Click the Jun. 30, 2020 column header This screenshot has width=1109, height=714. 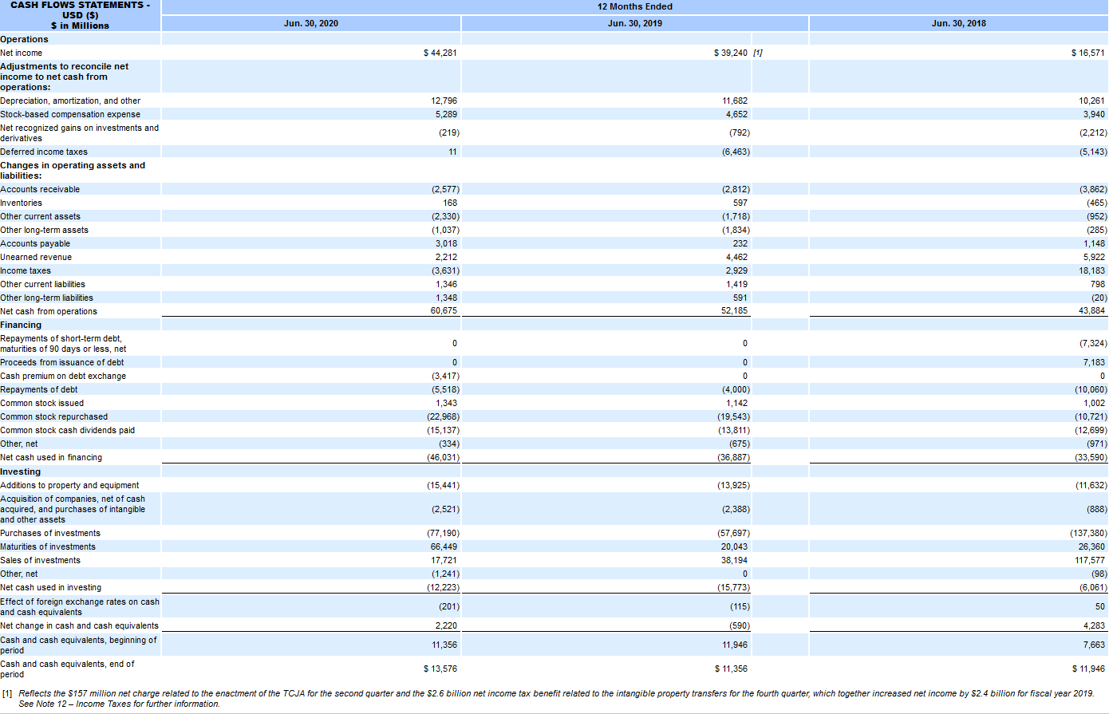310,23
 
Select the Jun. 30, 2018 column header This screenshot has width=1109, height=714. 958,23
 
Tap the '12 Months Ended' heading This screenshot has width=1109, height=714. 634,6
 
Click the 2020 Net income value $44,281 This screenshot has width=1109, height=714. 440,53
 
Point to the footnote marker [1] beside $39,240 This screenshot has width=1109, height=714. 757,53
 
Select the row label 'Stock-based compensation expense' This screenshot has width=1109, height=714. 70,114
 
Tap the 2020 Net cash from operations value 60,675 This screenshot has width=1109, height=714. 444,311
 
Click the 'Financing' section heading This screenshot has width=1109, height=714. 21,325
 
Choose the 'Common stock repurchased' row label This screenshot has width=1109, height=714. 53,416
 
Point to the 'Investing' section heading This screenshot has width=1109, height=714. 20,471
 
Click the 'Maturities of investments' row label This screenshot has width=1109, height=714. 48,546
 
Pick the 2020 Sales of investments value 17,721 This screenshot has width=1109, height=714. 444,560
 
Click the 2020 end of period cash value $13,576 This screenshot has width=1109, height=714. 440,669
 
